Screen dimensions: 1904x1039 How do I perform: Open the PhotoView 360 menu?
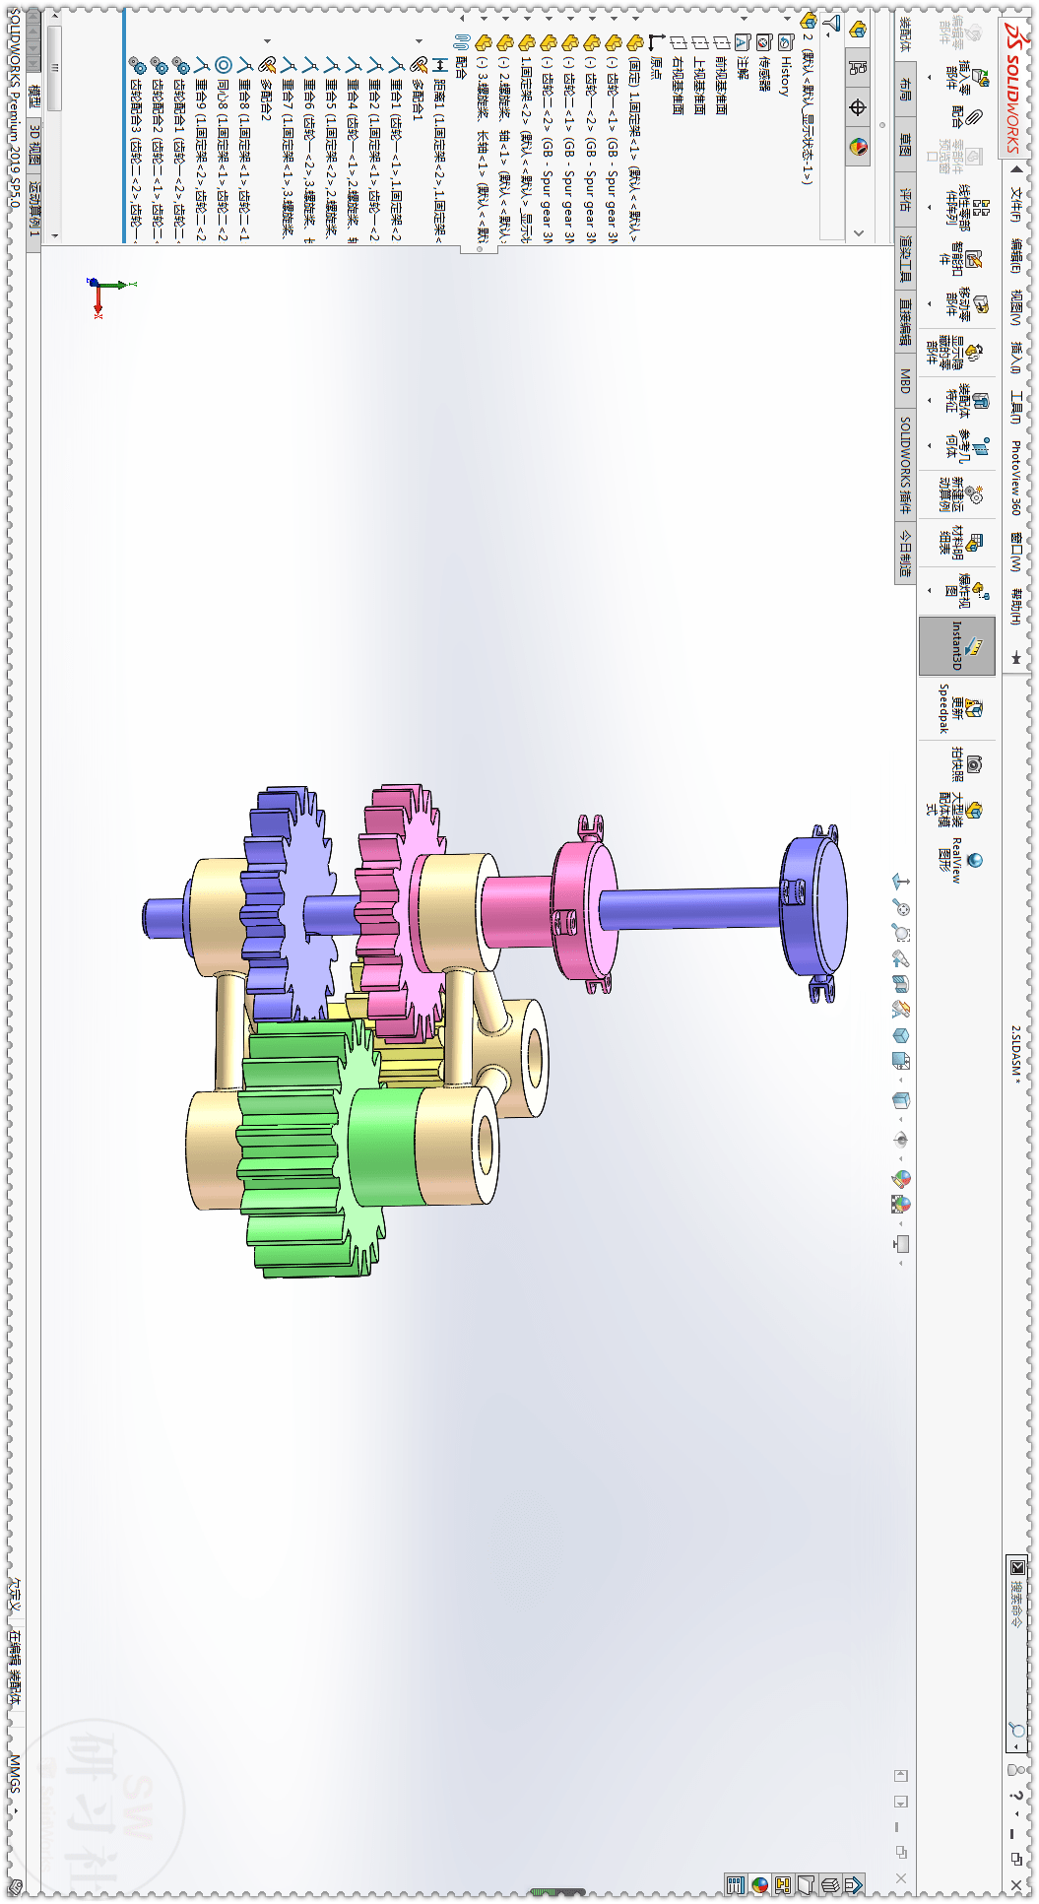pos(1015,477)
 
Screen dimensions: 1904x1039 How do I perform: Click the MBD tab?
pos(905,380)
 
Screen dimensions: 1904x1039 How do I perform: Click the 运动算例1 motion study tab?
pos(35,207)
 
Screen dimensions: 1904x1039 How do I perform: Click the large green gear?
pos(295,1143)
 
